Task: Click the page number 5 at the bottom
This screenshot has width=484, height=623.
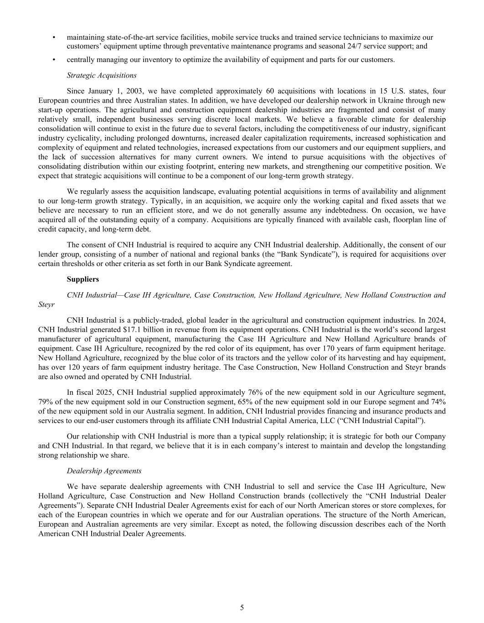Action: [x=242, y=607]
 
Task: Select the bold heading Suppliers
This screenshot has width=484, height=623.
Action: [x=82, y=279]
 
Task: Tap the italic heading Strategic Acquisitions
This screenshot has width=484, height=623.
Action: [x=102, y=75]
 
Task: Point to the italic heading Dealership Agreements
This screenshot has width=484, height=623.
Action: [x=104, y=471]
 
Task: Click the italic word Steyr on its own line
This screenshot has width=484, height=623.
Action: [x=46, y=304]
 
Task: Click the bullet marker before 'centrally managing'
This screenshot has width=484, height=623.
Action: [x=54, y=60]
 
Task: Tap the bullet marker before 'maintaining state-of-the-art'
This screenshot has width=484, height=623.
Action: [x=54, y=37]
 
